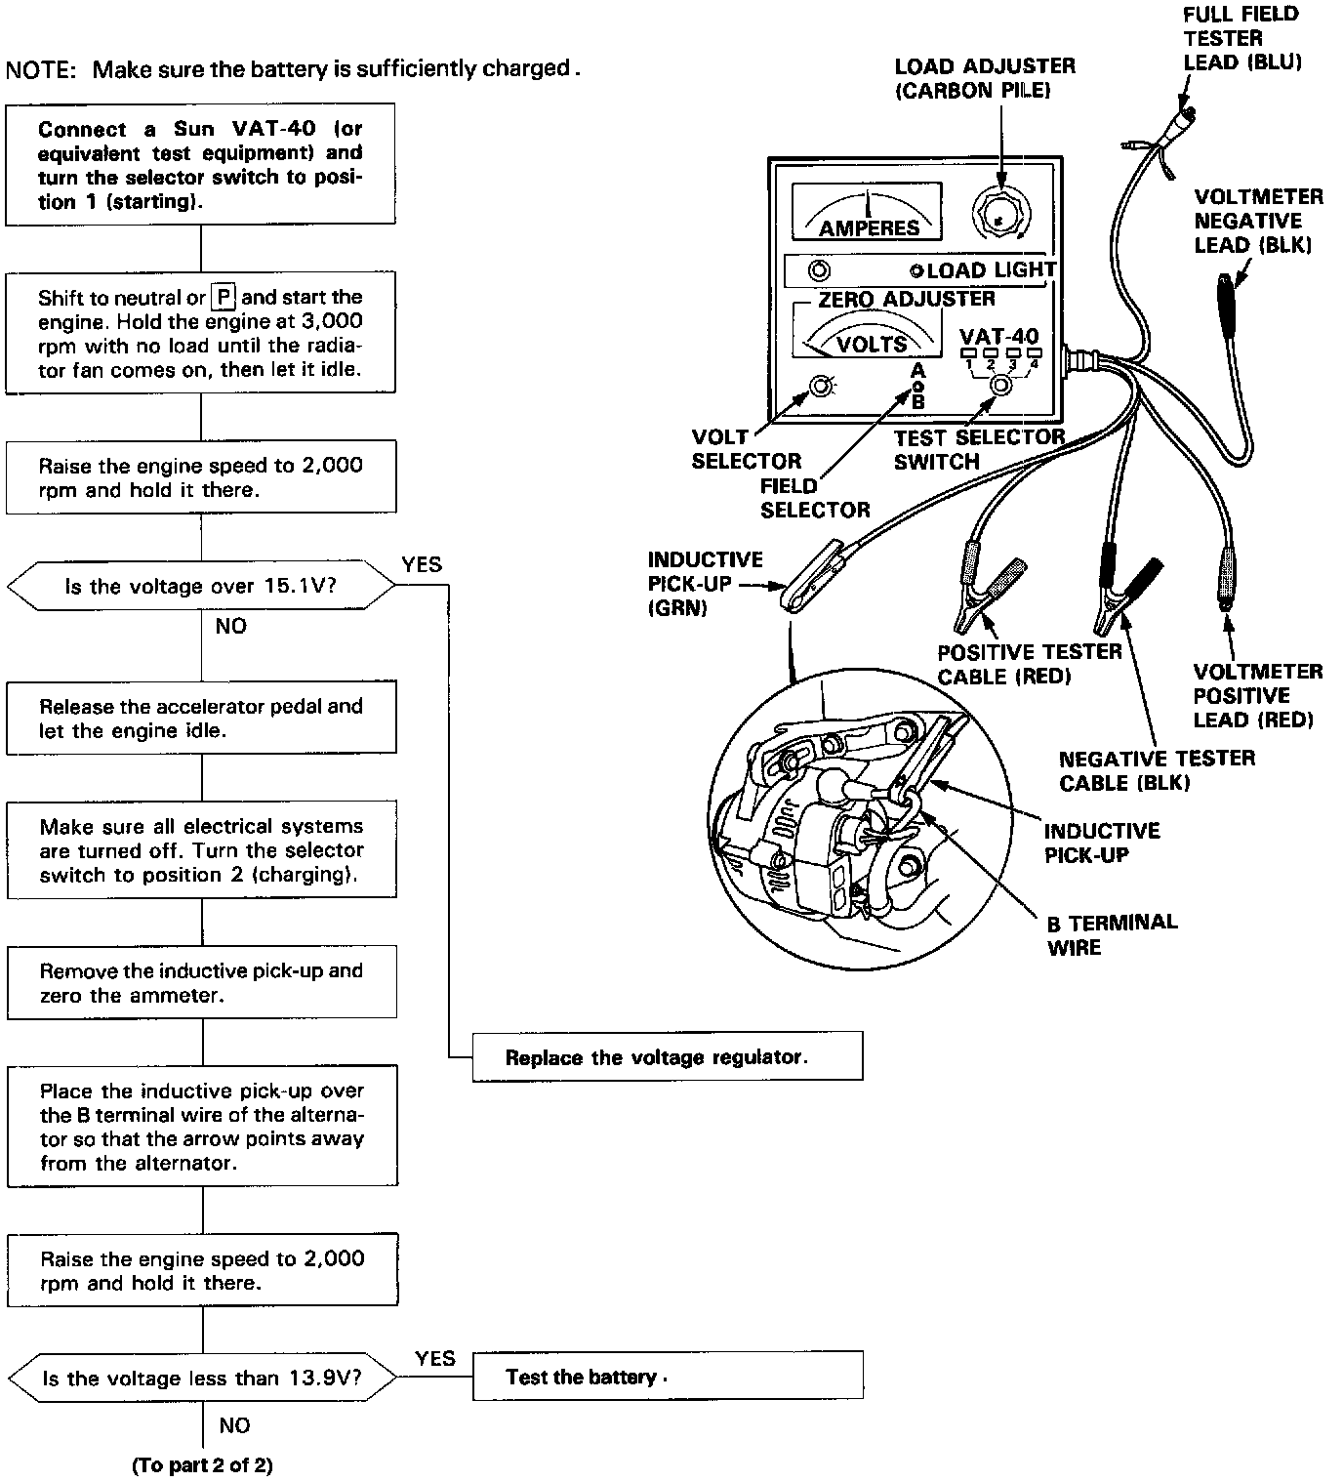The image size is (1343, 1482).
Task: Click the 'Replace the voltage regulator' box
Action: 667,1057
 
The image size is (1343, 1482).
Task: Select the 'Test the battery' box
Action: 667,1377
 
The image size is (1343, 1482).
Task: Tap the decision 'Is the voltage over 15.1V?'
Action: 201,586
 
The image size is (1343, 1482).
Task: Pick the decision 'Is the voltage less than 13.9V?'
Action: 202,1379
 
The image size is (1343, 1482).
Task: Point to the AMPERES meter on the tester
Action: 867,212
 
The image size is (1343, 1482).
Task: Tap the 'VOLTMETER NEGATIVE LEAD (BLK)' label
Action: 1258,221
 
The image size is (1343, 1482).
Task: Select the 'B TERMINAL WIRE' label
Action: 1112,934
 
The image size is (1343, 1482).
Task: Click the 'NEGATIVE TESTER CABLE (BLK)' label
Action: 1157,770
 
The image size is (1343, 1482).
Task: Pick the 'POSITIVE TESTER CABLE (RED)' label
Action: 1029,664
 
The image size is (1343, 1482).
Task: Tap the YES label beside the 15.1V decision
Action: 422,564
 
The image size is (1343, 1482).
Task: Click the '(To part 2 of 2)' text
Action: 202,1464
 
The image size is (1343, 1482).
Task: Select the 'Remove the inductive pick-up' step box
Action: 202,982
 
